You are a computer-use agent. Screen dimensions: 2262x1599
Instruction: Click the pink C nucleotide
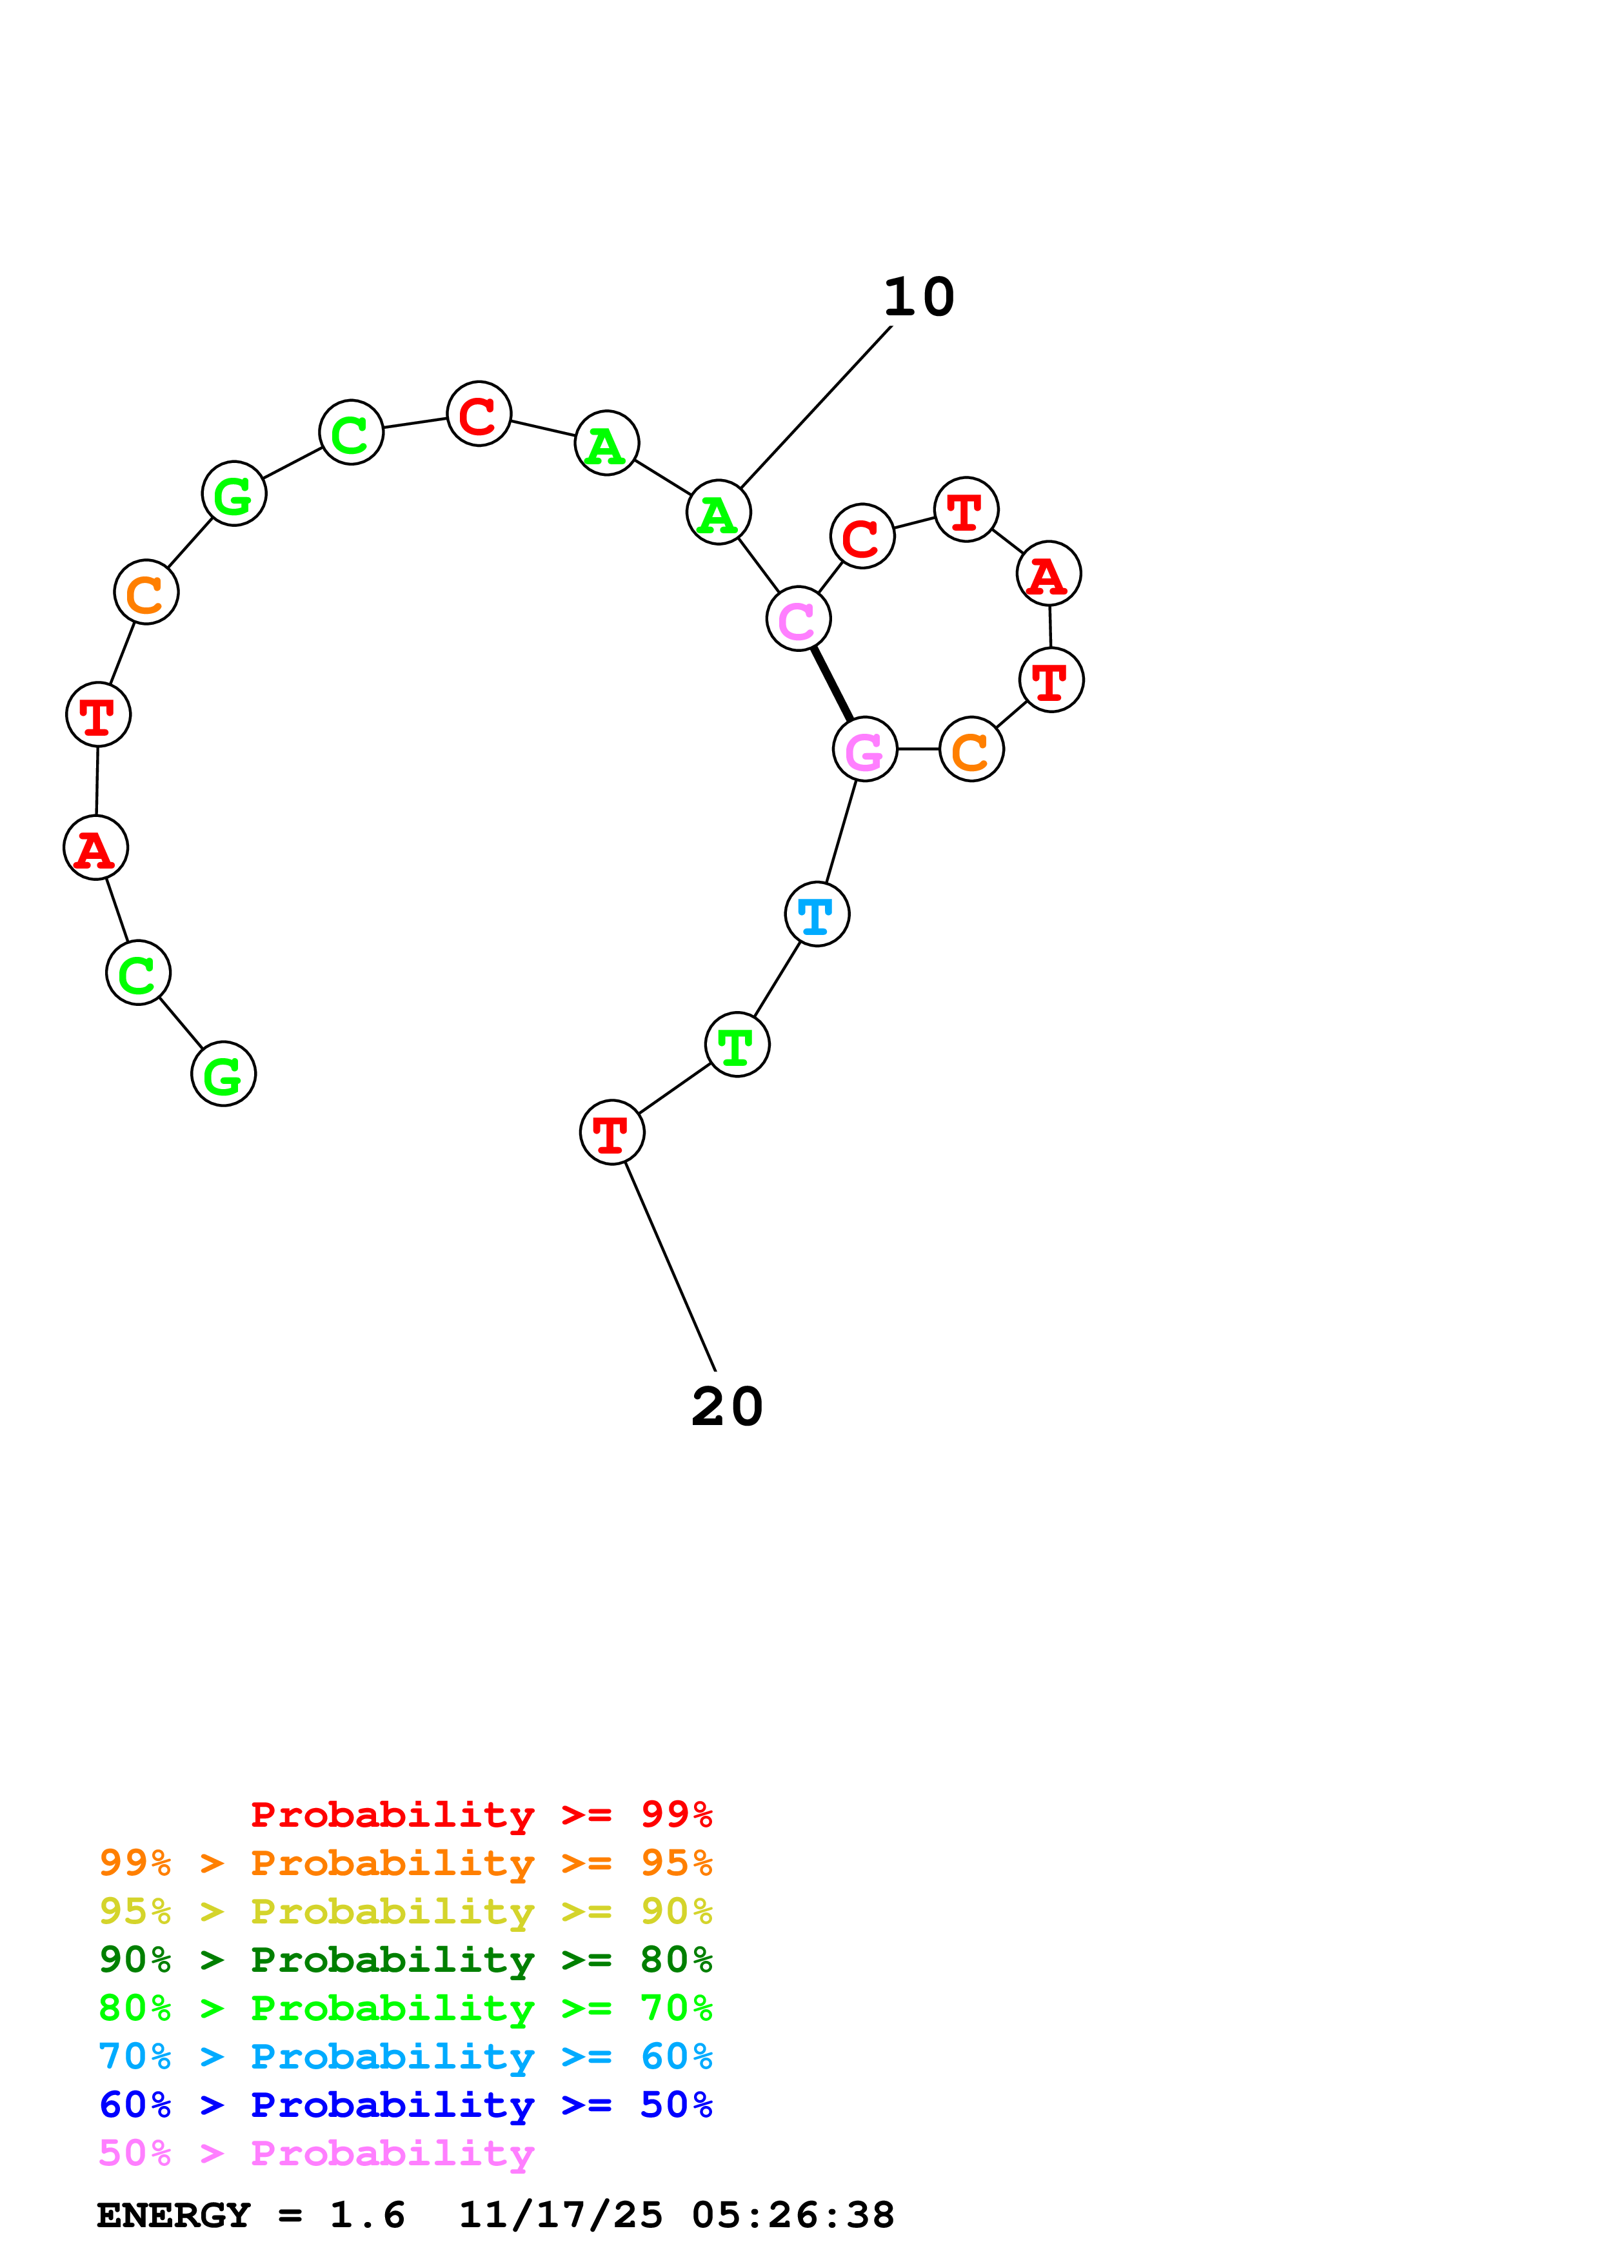coord(798,619)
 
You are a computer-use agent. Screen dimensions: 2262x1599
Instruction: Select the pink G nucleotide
coord(864,750)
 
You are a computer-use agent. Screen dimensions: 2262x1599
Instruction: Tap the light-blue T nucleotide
coord(817,914)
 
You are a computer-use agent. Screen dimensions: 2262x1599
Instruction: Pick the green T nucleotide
coord(737,1045)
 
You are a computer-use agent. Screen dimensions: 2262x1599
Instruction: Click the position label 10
coord(919,297)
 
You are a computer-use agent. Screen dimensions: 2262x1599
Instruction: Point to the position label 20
coord(727,1407)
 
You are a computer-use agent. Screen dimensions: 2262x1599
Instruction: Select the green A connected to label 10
coord(718,512)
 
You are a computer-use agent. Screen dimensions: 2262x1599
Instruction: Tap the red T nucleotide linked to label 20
coord(612,1132)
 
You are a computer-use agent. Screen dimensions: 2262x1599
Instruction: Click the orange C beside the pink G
coord(971,750)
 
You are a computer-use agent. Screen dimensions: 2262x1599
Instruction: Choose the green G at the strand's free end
coord(224,1074)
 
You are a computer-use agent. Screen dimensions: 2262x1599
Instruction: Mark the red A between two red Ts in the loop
coord(1048,573)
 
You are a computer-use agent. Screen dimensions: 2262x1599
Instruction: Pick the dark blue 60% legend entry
coord(406,2105)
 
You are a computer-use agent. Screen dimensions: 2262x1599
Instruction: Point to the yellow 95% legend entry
coord(406,1911)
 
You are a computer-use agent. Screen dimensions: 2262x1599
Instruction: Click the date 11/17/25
coord(561,2216)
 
